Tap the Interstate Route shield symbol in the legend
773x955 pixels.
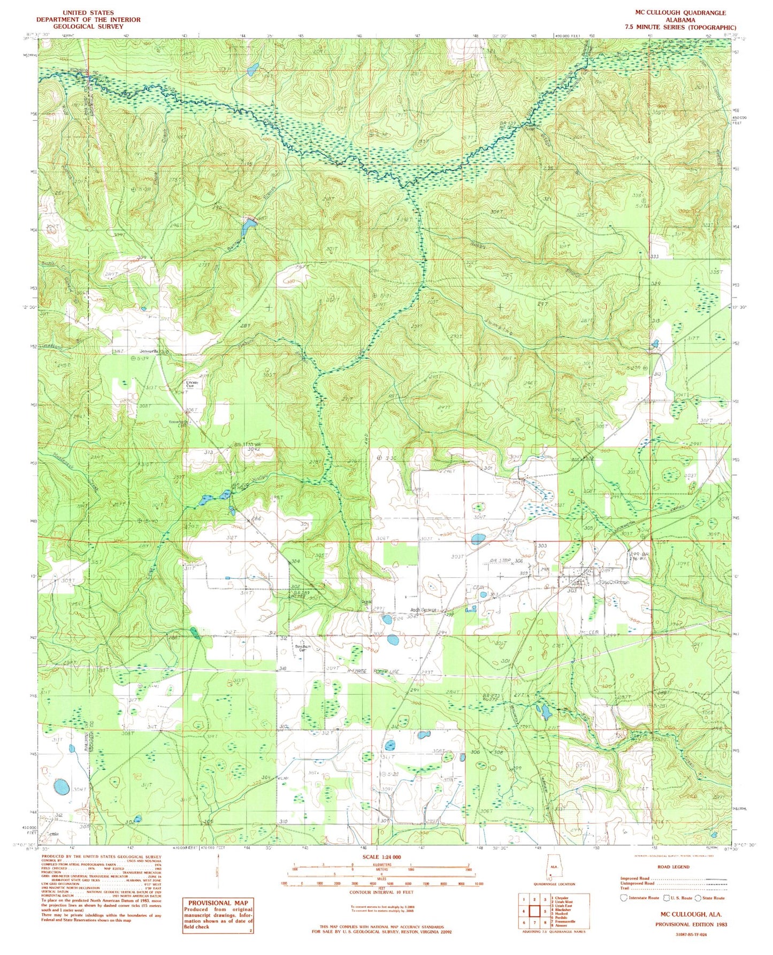click(624, 898)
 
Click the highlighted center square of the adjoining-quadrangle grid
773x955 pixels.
click(533, 911)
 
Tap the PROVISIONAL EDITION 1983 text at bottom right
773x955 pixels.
click(691, 924)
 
